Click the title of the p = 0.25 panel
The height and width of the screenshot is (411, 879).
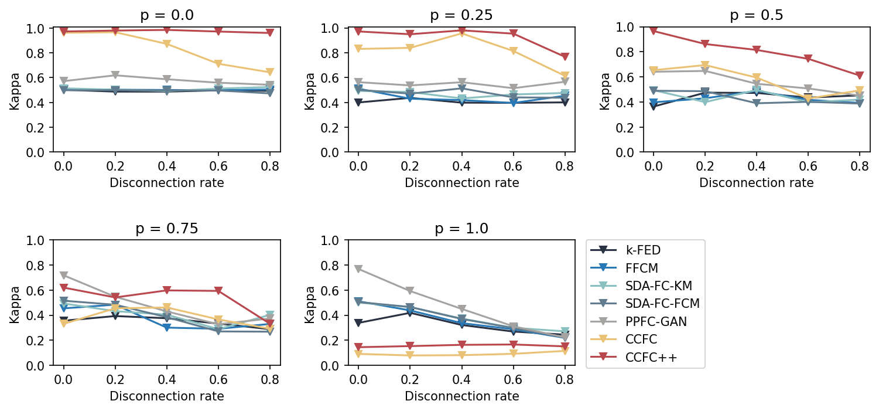point(461,15)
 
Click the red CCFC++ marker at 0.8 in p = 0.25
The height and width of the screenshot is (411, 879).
point(565,57)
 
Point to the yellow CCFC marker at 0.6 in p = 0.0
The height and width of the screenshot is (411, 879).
point(218,64)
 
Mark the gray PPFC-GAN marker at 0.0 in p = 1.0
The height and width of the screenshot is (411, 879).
point(358,269)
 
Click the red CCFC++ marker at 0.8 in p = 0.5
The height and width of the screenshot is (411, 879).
point(860,76)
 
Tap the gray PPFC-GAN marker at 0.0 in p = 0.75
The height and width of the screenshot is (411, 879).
point(63,276)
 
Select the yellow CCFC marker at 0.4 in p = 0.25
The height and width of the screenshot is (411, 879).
point(461,33)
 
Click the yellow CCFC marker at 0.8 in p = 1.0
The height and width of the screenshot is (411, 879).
point(565,351)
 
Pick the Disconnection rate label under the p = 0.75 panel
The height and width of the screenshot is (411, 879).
point(167,396)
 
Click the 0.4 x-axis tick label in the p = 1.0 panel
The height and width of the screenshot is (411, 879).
point(461,378)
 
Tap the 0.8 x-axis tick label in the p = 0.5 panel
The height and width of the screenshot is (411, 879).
point(860,165)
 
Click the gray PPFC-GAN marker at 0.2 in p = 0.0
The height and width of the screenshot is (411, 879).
point(115,75)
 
